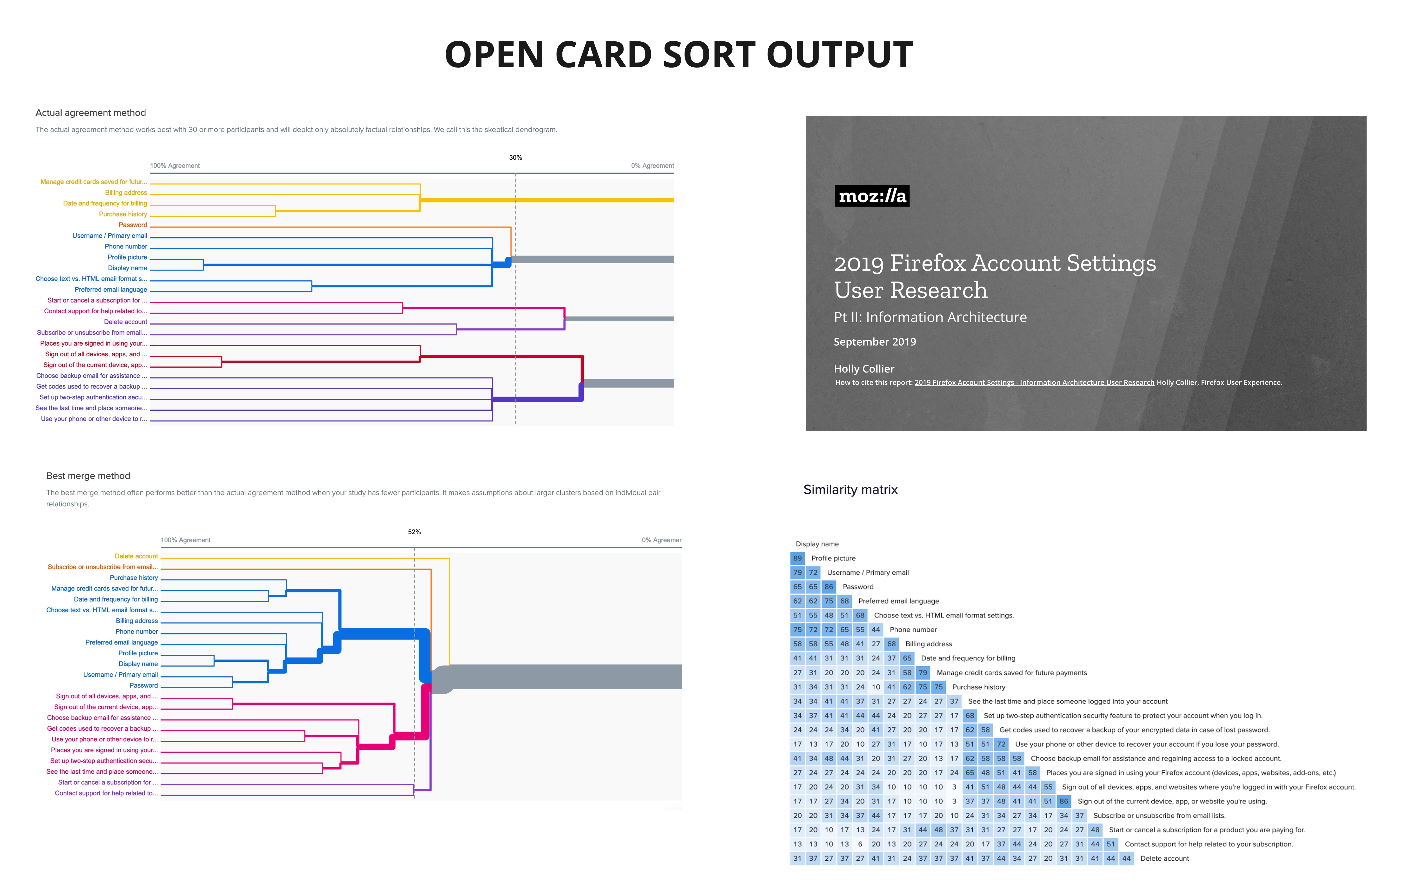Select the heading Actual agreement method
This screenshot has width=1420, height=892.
91,113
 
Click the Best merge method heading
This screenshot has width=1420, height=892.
88,475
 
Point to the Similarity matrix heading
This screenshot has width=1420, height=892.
850,490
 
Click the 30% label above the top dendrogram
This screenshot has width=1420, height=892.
515,158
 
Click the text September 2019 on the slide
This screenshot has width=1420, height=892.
874,342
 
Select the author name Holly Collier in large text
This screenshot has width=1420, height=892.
864,369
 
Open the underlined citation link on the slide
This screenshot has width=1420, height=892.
1034,382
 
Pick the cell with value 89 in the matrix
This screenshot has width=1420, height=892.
797,558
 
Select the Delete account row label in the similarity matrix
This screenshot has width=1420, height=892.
1164,859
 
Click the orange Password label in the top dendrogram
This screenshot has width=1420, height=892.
133,225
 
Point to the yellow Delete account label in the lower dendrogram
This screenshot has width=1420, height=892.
136,556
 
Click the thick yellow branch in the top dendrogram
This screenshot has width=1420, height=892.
547,200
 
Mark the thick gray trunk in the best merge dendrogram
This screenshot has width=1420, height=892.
557,677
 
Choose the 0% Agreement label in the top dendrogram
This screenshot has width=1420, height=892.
652,166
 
